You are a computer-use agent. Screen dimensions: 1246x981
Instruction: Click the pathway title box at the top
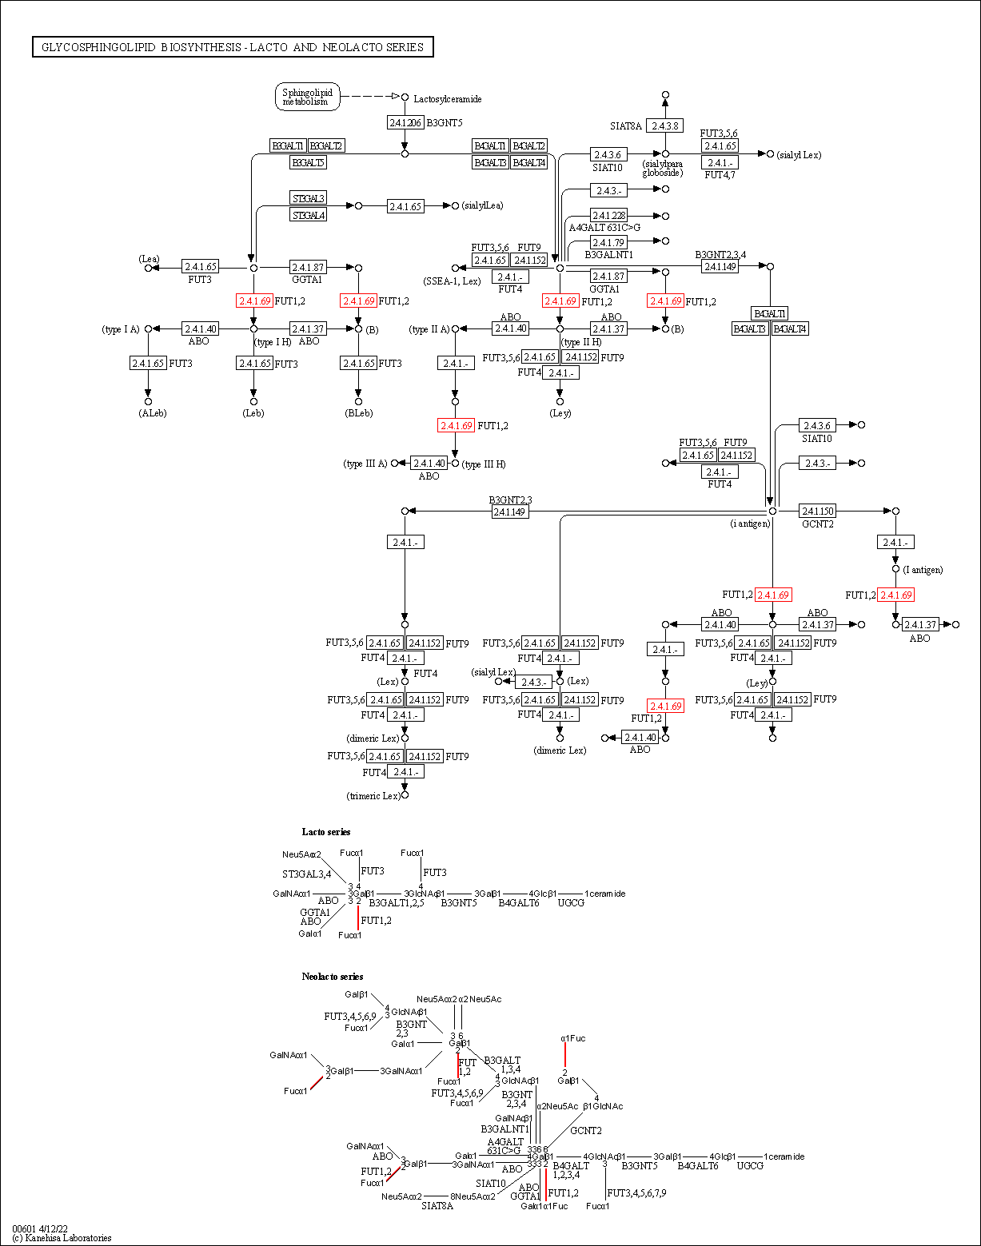(x=233, y=47)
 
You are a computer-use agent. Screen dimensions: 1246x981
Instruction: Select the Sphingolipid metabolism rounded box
(x=308, y=97)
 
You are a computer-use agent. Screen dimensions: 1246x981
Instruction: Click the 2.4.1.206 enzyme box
(x=405, y=122)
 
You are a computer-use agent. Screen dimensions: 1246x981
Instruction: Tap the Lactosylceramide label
(x=447, y=99)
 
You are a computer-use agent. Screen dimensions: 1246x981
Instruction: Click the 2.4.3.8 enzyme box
(x=664, y=125)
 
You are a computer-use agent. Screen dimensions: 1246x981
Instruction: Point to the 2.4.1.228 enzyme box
(x=608, y=216)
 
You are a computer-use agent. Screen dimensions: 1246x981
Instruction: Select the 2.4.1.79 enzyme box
(x=608, y=242)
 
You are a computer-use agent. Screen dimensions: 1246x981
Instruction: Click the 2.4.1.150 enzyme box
(x=817, y=511)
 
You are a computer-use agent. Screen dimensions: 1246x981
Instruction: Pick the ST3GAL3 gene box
(x=309, y=198)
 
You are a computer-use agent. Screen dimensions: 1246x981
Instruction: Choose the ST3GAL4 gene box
(x=309, y=215)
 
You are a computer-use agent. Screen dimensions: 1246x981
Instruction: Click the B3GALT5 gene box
(x=308, y=162)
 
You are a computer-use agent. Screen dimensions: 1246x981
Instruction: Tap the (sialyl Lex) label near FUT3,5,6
(x=799, y=155)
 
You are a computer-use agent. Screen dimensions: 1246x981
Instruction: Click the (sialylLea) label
(x=482, y=206)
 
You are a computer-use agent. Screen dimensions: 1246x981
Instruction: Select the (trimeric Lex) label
(x=373, y=796)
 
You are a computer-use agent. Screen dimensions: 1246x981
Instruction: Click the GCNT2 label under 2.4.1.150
(x=817, y=524)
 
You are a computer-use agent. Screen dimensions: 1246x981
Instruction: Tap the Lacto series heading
(x=326, y=832)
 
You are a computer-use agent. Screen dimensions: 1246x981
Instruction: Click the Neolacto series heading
(x=333, y=977)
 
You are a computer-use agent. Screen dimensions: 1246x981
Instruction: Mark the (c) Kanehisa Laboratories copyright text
(x=62, y=1238)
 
